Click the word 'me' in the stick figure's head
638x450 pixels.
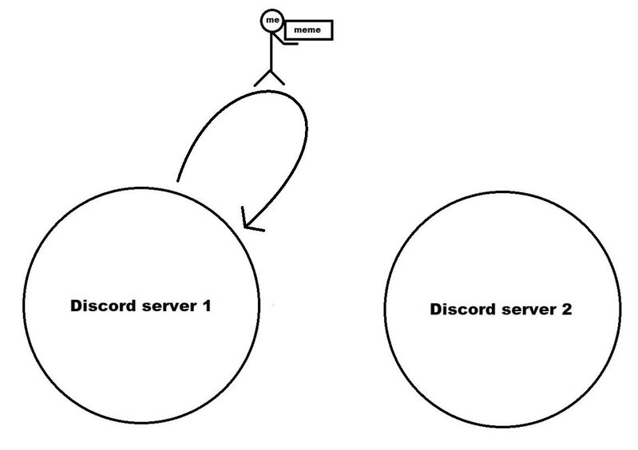[x=272, y=20]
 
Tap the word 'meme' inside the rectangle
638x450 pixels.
[x=307, y=30]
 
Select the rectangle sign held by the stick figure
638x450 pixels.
[x=309, y=30]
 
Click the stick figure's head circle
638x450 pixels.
[x=271, y=20]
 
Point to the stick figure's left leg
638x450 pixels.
[x=263, y=78]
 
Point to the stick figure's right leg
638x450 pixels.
[x=278, y=77]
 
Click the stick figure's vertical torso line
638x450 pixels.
[x=271, y=51]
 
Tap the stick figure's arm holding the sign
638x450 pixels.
[x=283, y=39]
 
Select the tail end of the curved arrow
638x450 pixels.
[x=178, y=180]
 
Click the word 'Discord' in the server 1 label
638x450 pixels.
[x=104, y=306]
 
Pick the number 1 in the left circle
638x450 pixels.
[x=207, y=306]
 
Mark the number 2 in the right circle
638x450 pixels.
[x=566, y=310]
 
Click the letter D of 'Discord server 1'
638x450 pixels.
[x=77, y=306]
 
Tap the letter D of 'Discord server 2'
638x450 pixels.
[x=437, y=310]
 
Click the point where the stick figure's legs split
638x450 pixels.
[x=271, y=71]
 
